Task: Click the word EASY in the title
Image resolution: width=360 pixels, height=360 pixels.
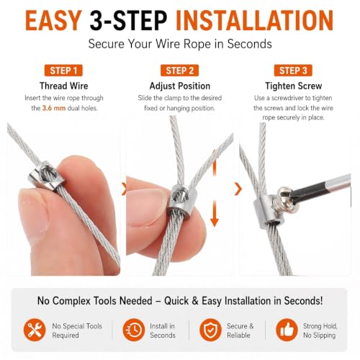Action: (53, 20)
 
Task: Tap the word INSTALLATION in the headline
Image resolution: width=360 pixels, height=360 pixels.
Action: (255, 20)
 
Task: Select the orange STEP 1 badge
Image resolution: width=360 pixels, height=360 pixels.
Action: (63, 71)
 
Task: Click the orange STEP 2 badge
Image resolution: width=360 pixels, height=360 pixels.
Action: (180, 71)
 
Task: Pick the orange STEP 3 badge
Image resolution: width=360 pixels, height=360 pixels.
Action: (293, 71)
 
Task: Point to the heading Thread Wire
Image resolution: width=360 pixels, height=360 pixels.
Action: (64, 86)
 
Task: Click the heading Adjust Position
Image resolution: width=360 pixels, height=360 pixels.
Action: (180, 86)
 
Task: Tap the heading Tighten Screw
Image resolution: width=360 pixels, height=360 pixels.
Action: (293, 86)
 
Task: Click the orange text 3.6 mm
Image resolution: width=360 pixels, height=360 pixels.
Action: (54, 108)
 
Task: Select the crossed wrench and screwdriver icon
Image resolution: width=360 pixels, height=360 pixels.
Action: (35, 330)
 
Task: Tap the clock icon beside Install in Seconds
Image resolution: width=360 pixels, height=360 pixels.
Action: (134, 330)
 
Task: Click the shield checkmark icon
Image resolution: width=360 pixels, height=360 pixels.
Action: (210, 330)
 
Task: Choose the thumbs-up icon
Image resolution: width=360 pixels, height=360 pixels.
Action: (287, 330)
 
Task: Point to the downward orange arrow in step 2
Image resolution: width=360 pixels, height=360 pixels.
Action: (215, 214)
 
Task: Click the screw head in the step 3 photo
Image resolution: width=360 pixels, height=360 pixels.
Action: (286, 199)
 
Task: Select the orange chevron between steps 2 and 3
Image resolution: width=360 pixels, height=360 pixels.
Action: (238, 189)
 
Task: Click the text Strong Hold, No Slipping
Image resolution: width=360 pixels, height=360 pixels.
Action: (320, 330)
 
